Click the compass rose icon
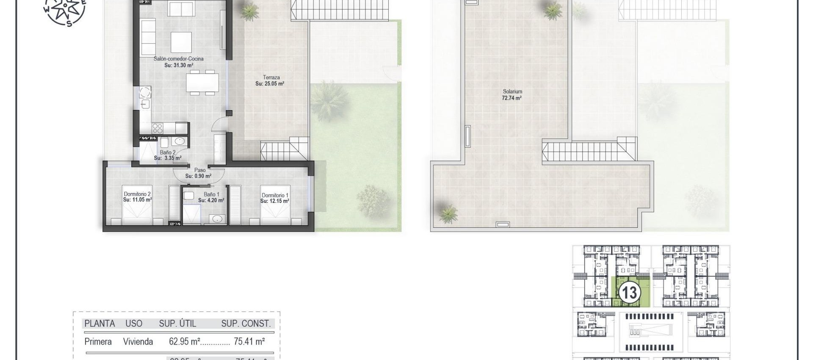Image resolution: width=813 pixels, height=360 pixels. [65, 11]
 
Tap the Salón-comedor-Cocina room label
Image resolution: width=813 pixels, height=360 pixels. [178, 62]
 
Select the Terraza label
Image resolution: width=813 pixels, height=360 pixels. [271, 80]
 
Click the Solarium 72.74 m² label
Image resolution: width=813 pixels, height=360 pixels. [512, 94]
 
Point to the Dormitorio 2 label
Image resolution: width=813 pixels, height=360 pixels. [137, 197]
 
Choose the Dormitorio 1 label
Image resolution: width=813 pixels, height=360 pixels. [275, 198]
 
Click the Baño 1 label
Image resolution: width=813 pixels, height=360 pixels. [212, 197]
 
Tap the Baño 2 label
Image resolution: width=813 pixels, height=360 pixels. [168, 155]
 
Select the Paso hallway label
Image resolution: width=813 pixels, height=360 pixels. [199, 173]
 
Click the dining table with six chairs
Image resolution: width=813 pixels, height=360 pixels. [203, 83]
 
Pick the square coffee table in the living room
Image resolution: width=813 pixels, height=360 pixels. [181, 42]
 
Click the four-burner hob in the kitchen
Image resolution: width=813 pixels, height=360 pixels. [158, 128]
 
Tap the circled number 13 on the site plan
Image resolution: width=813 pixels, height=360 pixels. [629, 293]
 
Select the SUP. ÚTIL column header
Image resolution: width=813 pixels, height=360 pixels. [177, 324]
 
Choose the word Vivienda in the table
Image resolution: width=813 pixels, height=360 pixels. [138, 341]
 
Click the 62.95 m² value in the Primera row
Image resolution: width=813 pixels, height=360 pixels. [184, 341]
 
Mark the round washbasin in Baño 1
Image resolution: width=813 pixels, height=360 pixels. [217, 219]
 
